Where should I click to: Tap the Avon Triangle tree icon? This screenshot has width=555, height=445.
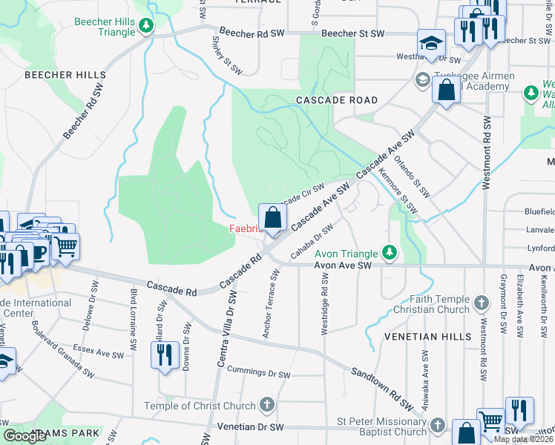[x=388, y=253]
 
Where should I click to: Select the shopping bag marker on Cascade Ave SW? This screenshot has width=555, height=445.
[x=272, y=218]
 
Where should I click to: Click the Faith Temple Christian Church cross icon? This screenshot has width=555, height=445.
[x=482, y=303]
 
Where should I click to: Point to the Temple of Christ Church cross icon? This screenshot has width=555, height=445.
[x=267, y=405]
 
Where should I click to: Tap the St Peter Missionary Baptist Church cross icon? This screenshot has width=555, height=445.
[x=438, y=426]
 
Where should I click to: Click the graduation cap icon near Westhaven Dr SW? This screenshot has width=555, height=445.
[x=430, y=42]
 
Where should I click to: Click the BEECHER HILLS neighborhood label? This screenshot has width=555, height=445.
[x=65, y=75]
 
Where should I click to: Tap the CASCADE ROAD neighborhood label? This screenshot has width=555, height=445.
[x=336, y=99]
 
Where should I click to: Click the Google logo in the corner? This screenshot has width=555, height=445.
[x=25, y=435]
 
